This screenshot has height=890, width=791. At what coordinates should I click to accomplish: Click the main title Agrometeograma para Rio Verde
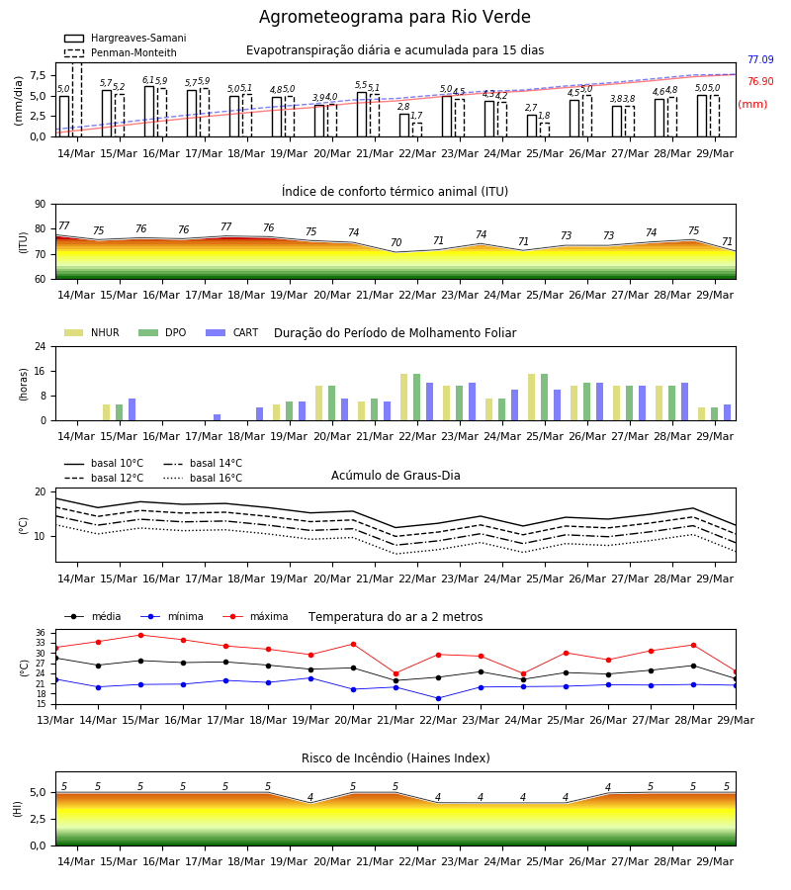click(x=395, y=17)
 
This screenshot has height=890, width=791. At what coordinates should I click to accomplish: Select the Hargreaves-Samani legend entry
click(x=126, y=38)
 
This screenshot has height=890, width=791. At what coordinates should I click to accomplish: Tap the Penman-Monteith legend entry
click(x=121, y=52)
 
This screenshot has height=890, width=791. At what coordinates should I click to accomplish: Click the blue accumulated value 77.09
click(x=760, y=59)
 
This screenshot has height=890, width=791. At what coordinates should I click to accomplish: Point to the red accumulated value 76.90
click(x=760, y=81)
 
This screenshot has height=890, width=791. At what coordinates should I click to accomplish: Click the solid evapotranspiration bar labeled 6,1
click(x=149, y=111)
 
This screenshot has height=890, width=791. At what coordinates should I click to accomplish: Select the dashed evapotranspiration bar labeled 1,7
click(x=417, y=130)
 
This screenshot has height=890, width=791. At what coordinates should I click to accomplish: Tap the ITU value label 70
click(x=395, y=243)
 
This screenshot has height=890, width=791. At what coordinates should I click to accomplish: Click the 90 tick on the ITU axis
click(x=41, y=205)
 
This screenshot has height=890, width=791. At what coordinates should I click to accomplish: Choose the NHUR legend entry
click(x=92, y=332)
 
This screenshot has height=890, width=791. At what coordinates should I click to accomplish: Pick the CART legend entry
click(x=232, y=332)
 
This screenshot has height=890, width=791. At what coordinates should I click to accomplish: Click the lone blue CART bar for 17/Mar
click(x=217, y=417)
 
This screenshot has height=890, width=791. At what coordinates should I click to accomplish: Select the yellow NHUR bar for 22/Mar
click(x=404, y=398)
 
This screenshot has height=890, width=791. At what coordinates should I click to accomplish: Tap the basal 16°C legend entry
click(x=203, y=478)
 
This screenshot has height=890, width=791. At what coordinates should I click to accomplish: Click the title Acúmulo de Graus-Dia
click(x=395, y=476)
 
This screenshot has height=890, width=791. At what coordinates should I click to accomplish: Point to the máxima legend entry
click(x=256, y=616)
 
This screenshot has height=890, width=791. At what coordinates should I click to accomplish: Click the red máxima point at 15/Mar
click(x=140, y=635)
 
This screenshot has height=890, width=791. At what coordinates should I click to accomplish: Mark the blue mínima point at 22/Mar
click(x=439, y=699)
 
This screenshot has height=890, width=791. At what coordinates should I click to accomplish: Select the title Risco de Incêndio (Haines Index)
click(x=395, y=758)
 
